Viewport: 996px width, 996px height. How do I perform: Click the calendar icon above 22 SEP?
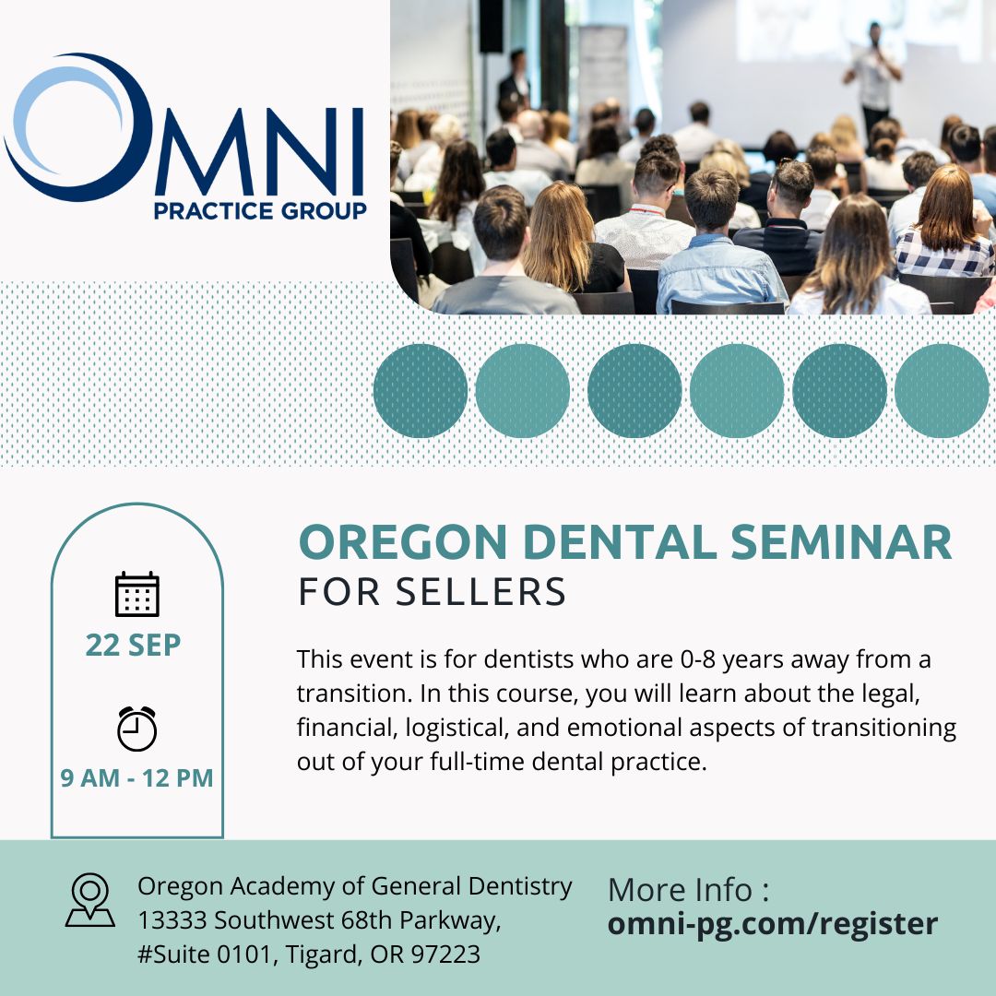click(137, 594)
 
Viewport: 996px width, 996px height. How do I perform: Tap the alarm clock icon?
click(136, 729)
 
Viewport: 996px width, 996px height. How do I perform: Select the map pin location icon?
click(90, 900)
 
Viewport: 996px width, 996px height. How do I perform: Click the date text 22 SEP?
click(134, 645)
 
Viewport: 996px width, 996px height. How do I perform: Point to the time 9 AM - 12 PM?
click(136, 778)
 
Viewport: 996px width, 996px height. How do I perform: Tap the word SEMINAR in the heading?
click(841, 542)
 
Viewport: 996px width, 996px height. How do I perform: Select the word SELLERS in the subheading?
click(480, 592)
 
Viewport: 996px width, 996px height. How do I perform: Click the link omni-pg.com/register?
click(773, 924)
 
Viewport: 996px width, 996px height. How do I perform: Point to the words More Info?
click(680, 889)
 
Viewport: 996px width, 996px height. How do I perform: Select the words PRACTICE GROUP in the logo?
click(260, 211)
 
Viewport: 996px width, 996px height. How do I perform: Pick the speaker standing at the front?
click(874, 77)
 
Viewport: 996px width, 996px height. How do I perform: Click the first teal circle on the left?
click(421, 391)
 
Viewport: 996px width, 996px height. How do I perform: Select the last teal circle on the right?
click(942, 391)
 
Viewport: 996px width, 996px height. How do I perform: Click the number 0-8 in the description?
click(698, 659)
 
